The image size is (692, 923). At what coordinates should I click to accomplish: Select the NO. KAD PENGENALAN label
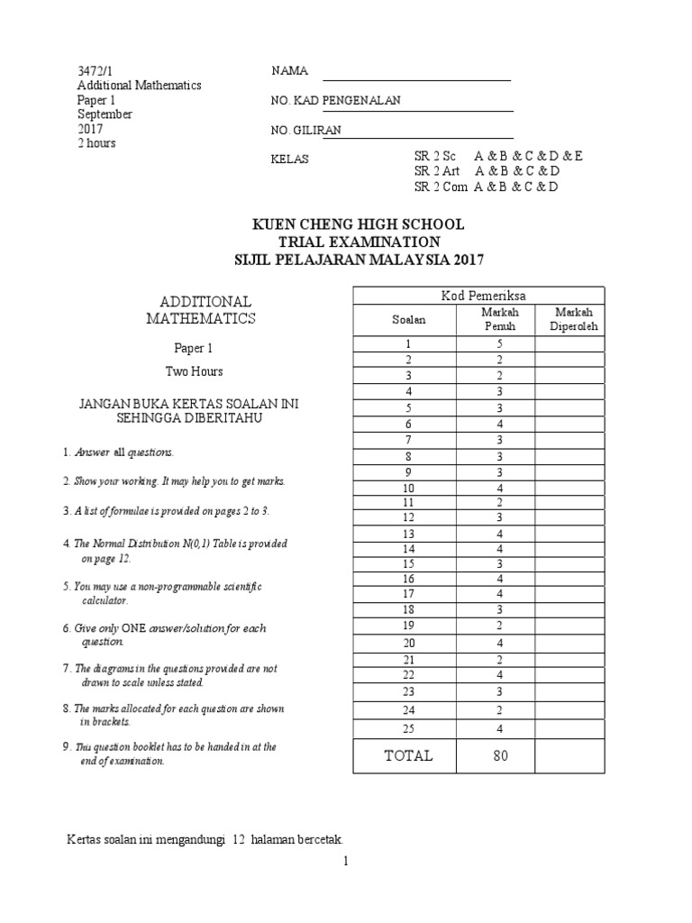pos(335,101)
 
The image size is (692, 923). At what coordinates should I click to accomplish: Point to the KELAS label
pos(289,160)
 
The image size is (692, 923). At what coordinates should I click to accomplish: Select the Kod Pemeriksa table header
pos(477,296)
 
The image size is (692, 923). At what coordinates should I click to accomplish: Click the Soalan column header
pos(408,319)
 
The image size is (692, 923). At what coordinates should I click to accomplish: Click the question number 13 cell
pos(408,535)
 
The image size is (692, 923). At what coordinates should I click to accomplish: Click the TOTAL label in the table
pos(408,756)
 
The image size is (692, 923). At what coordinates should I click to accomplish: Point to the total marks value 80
pos(500,756)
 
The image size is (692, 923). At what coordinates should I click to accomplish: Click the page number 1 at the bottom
pos(345,862)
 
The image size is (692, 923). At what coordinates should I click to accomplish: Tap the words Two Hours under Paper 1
pos(194,370)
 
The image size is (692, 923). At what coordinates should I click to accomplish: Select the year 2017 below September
pos(90,129)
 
